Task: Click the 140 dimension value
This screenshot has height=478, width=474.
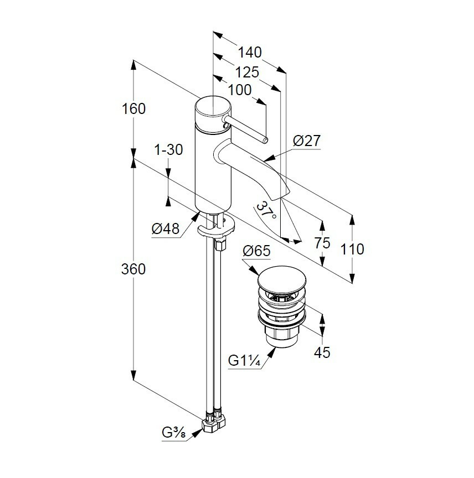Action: click(250, 53)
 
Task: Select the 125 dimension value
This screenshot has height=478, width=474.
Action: click(247, 72)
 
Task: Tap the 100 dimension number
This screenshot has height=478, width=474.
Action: click(240, 90)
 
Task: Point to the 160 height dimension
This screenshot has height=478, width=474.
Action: click(133, 109)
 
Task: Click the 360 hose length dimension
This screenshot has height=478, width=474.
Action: click(133, 269)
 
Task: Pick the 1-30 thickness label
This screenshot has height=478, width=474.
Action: click(169, 150)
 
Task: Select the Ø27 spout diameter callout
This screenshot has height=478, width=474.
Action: click(307, 141)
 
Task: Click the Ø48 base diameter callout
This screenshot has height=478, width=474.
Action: click(166, 228)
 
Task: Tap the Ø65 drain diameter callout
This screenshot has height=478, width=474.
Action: click(256, 251)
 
